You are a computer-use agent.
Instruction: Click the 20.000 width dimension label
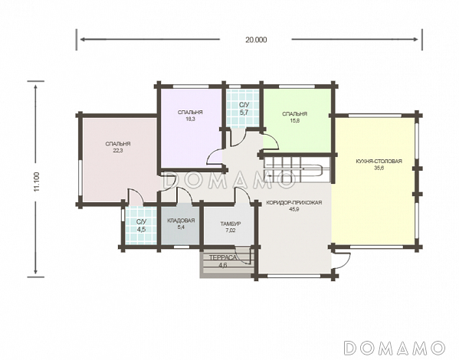[256, 40]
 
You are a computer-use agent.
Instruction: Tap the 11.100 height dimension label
[37, 182]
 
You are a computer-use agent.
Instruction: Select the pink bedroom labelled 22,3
[118, 159]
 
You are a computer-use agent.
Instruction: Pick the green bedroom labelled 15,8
[297, 120]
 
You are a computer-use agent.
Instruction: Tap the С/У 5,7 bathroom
[244, 108]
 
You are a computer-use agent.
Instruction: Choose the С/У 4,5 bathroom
[141, 225]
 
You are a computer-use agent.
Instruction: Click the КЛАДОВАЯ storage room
[181, 225]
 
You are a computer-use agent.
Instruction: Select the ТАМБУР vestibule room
[229, 225]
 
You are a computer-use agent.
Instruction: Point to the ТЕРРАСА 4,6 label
[222, 261]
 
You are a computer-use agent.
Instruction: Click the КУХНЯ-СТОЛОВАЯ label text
[379, 162]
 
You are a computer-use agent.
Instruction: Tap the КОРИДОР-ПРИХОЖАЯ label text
[294, 202]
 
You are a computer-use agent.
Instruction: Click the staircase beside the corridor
[297, 170]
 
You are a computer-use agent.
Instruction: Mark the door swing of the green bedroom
[270, 142]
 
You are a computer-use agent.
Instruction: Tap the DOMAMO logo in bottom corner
[394, 348]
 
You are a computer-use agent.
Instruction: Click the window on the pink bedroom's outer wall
[80, 178]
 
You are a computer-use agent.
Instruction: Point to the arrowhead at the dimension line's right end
[415, 39]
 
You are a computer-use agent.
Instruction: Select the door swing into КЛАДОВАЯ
[185, 195]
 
